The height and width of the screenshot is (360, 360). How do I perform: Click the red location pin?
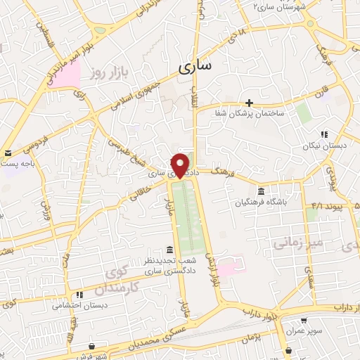[181, 165]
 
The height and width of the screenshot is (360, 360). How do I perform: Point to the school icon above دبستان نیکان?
[324, 134]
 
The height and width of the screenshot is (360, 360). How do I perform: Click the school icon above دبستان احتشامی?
[79, 295]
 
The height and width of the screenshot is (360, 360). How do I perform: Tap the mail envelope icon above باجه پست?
[8, 153]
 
